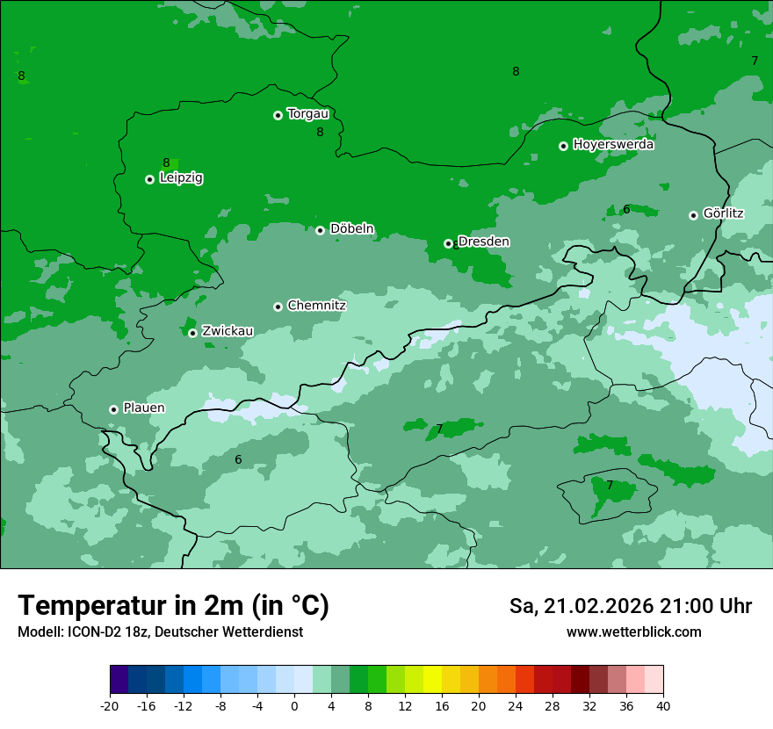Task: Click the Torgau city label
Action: [x=307, y=113]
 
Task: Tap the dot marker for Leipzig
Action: [x=149, y=179]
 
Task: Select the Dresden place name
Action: [x=483, y=242]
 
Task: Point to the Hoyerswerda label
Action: [x=613, y=144]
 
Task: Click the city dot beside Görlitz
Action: [x=693, y=215]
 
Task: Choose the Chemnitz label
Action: [x=316, y=306]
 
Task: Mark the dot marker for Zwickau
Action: [x=192, y=333]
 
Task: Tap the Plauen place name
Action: [x=143, y=408]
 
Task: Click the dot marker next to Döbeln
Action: [x=320, y=230]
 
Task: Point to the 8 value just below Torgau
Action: [x=320, y=132]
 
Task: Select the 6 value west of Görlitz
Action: [x=626, y=209]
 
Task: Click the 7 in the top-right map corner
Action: [x=755, y=61]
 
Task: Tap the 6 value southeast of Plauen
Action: [x=238, y=459]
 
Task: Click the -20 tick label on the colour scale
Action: [x=109, y=706]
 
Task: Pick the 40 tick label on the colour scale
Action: [x=663, y=706]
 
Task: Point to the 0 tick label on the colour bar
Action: [x=294, y=706]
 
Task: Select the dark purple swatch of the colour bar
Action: [x=119, y=680]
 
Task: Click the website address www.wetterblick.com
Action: [x=633, y=632]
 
